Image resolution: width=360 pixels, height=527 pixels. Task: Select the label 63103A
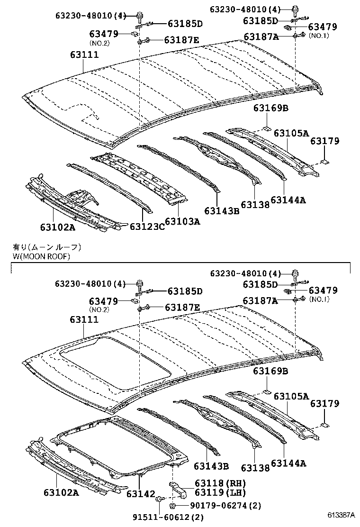tap(183, 221)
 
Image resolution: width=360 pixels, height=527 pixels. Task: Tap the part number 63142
tap(141, 494)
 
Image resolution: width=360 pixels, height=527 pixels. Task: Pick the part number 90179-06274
tap(219, 506)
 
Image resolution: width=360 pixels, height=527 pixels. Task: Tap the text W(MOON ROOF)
tap(42, 256)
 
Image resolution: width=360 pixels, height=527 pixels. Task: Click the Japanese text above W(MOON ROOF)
tap(47, 247)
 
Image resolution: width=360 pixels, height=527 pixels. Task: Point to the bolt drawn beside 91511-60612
tap(161, 499)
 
